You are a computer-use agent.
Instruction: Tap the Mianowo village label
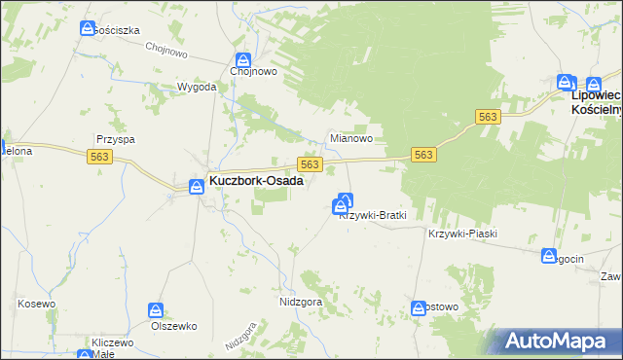pyautogui.click(x=351, y=139)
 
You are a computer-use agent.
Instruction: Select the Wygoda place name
pyautogui.click(x=196, y=87)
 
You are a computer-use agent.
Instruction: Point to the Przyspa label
pyautogui.click(x=114, y=139)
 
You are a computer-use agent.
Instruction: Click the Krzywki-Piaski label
pyautogui.click(x=462, y=234)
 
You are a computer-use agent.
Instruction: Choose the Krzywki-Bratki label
pyautogui.click(x=372, y=215)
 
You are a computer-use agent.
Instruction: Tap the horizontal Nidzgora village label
pyautogui.click(x=300, y=302)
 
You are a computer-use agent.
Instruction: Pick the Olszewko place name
pyautogui.click(x=174, y=326)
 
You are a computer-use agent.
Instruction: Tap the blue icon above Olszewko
pyautogui.click(x=156, y=309)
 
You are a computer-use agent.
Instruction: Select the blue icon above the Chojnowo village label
pyautogui.click(x=242, y=59)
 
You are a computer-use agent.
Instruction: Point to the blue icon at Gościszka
pyautogui.click(x=88, y=30)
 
